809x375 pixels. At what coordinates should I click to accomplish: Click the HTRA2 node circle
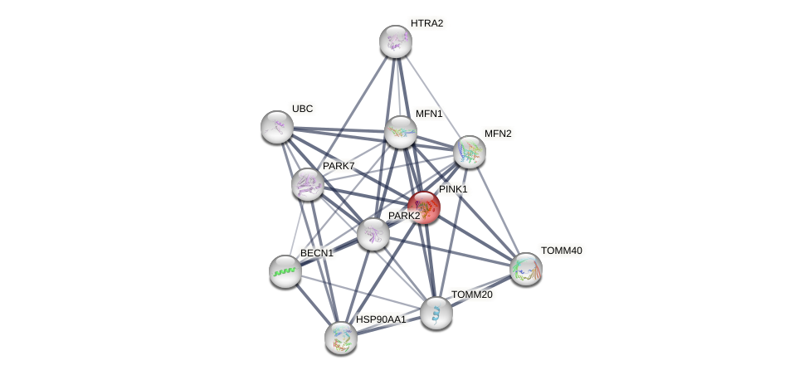(x=396, y=41)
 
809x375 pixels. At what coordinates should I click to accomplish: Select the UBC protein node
(x=277, y=126)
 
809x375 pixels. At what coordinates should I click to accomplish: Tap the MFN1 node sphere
(x=400, y=132)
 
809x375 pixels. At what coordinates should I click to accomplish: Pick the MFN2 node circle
(x=470, y=152)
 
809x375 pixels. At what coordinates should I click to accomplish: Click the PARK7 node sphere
(x=307, y=184)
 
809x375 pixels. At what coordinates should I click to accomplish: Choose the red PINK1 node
(x=423, y=207)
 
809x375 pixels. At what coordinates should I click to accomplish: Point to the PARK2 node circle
(x=373, y=234)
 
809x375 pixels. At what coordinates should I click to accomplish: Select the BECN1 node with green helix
(x=285, y=271)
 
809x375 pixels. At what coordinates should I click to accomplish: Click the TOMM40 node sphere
(x=525, y=268)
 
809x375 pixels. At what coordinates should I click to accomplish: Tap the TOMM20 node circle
(x=436, y=313)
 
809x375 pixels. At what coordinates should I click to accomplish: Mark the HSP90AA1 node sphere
(x=341, y=337)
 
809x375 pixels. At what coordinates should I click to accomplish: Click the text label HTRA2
(x=426, y=23)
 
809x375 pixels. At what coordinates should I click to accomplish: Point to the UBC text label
(x=302, y=109)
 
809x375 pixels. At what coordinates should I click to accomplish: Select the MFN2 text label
(x=498, y=134)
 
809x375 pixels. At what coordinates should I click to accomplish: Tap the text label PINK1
(x=453, y=190)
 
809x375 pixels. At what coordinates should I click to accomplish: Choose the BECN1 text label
(x=316, y=253)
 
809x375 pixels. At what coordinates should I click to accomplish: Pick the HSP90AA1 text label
(x=381, y=319)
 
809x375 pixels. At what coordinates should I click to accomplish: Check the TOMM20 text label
(x=471, y=295)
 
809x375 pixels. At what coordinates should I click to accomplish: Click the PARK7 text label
(x=339, y=166)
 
